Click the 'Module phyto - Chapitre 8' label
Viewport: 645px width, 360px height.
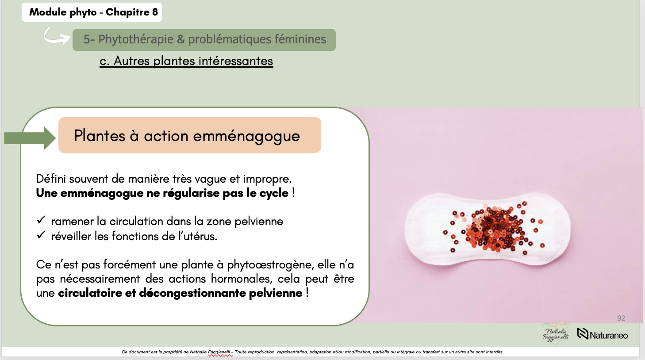point(93,12)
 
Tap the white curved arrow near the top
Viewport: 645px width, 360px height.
point(56,36)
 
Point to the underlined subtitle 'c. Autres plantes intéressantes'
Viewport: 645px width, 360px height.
point(186,61)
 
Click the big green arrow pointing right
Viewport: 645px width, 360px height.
point(30,138)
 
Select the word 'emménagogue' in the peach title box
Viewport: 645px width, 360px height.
point(246,136)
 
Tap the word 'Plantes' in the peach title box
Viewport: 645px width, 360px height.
point(100,136)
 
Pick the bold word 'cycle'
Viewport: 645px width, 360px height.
point(274,193)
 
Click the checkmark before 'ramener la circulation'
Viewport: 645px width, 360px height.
point(41,220)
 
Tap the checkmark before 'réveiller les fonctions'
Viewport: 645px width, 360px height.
point(41,235)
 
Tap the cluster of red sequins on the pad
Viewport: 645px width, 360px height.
point(493,228)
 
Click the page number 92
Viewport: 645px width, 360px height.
point(621,318)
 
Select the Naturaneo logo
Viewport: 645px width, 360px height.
point(603,335)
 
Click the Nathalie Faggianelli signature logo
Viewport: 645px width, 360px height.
point(556,335)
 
